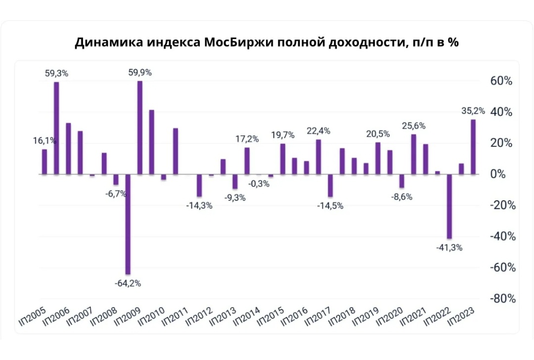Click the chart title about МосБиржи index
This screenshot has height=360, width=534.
(x=267, y=42)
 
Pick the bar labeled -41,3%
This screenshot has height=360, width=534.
(x=449, y=206)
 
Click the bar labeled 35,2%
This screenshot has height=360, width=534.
(x=473, y=147)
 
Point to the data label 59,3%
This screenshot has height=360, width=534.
(x=56, y=73)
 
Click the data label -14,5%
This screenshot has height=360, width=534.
(x=330, y=205)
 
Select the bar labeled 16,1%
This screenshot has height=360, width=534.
(x=44, y=162)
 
